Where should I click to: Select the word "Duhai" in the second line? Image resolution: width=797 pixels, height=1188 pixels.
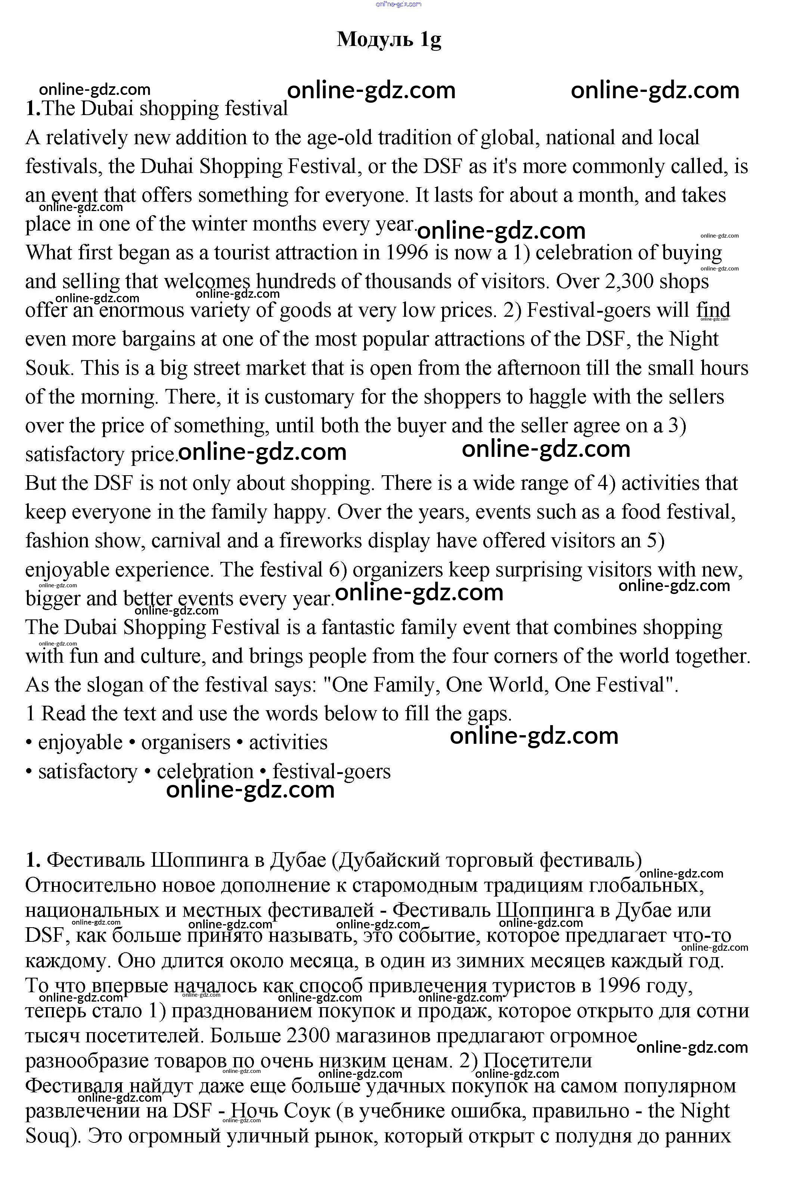pos(167,166)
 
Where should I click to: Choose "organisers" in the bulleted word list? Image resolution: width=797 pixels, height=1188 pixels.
pos(186,742)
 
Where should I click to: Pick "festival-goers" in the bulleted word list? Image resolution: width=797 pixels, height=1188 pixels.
pos(331,771)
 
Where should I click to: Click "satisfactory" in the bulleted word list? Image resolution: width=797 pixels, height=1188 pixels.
pos(87,771)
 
